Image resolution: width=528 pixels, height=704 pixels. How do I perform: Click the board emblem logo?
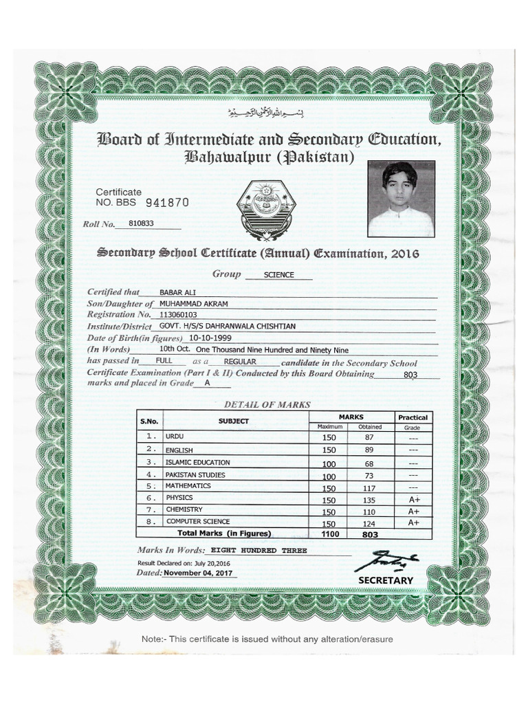pyautogui.click(x=265, y=206)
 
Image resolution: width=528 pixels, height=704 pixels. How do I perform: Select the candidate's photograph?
pyautogui.click(x=401, y=199)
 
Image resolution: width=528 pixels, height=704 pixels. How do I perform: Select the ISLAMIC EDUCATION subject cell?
pyautogui.click(x=198, y=462)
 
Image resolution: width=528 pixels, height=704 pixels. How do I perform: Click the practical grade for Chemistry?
pyautogui.click(x=414, y=511)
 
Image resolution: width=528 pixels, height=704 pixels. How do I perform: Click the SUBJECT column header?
pyautogui.click(x=234, y=421)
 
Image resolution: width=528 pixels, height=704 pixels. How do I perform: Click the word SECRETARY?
pyautogui.click(x=386, y=580)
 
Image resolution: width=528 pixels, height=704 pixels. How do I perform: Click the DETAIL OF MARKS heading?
pyautogui.click(x=267, y=404)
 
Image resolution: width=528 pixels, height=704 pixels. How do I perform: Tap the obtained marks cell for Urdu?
pyautogui.click(x=369, y=437)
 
